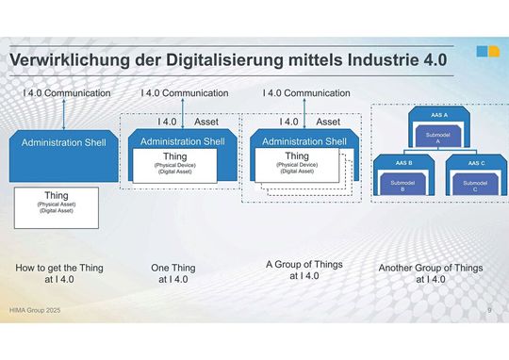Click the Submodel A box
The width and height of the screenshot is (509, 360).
point(438,139)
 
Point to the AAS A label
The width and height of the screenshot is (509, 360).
point(439,115)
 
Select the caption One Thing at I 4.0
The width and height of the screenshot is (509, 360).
point(173,273)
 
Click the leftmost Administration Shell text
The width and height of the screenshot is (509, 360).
point(63,142)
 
